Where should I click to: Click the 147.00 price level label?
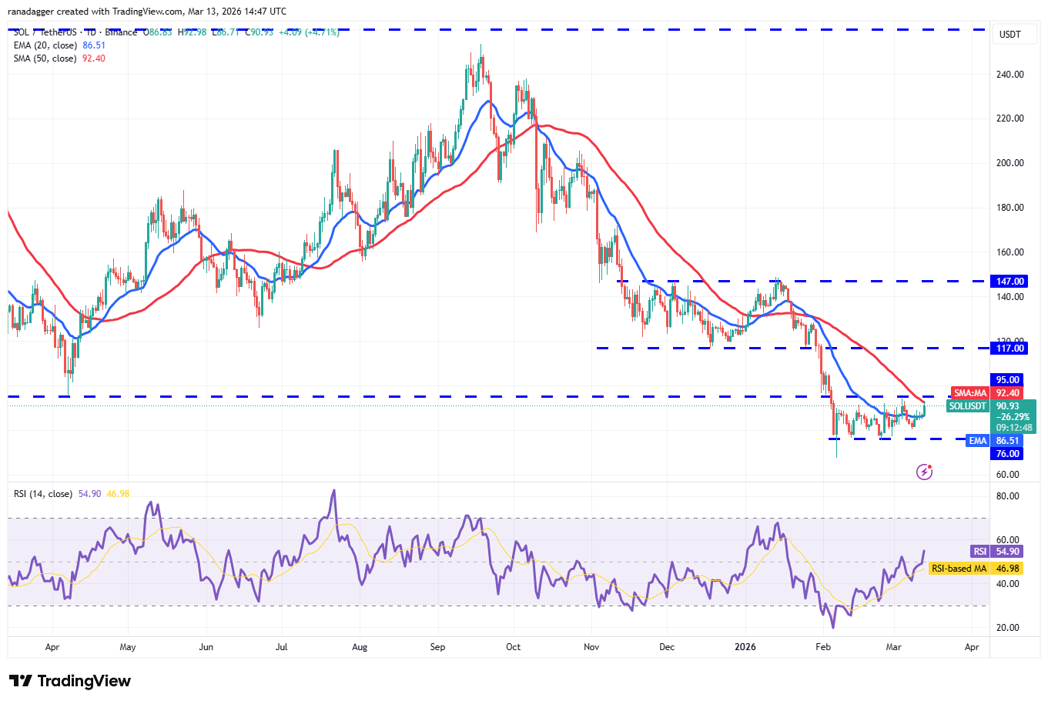[1009, 282]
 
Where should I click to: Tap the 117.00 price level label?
[1009, 349]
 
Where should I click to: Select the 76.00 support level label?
[1007, 454]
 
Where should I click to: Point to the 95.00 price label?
[1007, 380]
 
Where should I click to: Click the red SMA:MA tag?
[969, 393]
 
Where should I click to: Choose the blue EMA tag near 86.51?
[977, 441]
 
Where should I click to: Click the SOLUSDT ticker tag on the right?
[968, 406]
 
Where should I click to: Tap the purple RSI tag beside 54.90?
[979, 552]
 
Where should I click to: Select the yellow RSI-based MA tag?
[959, 569]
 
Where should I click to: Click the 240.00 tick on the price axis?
[1009, 75]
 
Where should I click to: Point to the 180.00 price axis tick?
[1009, 208]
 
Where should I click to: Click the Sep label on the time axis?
[437, 647]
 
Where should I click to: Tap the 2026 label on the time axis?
[745, 647]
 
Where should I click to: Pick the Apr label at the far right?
[972, 647]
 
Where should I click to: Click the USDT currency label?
[1009, 35]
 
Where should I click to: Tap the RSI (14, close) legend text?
[43, 494]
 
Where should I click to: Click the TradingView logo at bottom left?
[70, 681]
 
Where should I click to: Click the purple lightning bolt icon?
[924, 472]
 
